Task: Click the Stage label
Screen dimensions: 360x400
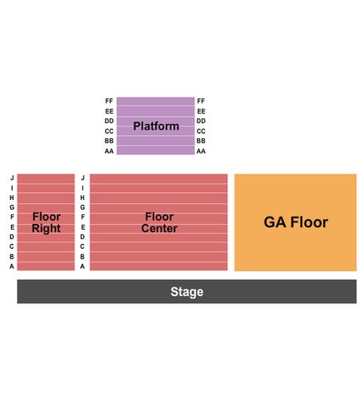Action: [186, 291]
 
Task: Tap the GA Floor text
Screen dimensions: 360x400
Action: [296, 222]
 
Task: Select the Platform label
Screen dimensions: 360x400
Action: [156, 126]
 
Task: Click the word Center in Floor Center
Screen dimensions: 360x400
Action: [159, 228]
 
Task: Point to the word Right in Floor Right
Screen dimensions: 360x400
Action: [46, 229]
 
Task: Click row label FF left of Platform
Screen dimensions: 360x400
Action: [109, 101]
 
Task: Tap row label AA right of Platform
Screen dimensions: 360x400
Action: [201, 151]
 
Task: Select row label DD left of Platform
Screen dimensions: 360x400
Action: [109, 121]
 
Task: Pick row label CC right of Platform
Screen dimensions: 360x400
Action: [201, 131]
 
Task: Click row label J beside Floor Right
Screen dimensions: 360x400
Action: [12, 178]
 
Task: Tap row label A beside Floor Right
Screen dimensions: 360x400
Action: [12, 266]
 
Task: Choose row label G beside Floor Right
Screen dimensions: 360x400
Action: [12, 207]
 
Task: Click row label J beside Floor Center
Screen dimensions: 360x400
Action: [82, 178]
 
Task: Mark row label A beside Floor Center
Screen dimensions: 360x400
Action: [82, 266]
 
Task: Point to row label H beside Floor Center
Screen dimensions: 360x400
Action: [82, 198]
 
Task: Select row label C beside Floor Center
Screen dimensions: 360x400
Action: [82, 246]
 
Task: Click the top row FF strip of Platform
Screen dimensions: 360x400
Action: [155, 102]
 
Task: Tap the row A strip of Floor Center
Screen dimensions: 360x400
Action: [158, 266]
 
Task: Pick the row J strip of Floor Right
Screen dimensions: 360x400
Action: [46, 178]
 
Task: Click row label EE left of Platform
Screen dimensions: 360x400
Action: [109, 111]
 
